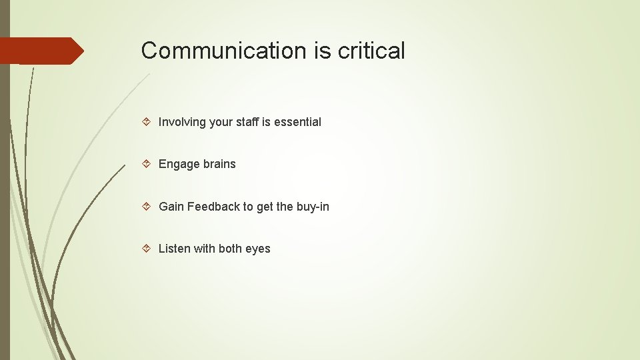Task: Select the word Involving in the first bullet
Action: click(x=182, y=122)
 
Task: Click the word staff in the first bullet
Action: click(x=247, y=122)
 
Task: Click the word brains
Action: click(x=218, y=164)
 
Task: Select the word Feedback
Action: click(x=213, y=207)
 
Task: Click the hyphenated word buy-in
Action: click(x=313, y=207)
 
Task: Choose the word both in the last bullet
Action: click(x=230, y=249)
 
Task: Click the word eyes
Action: click(x=258, y=249)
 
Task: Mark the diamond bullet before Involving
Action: click(x=147, y=122)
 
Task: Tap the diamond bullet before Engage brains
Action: click(x=147, y=164)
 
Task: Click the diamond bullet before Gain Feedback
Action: click(x=147, y=207)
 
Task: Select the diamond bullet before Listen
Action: click(x=147, y=249)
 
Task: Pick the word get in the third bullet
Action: click(x=265, y=207)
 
